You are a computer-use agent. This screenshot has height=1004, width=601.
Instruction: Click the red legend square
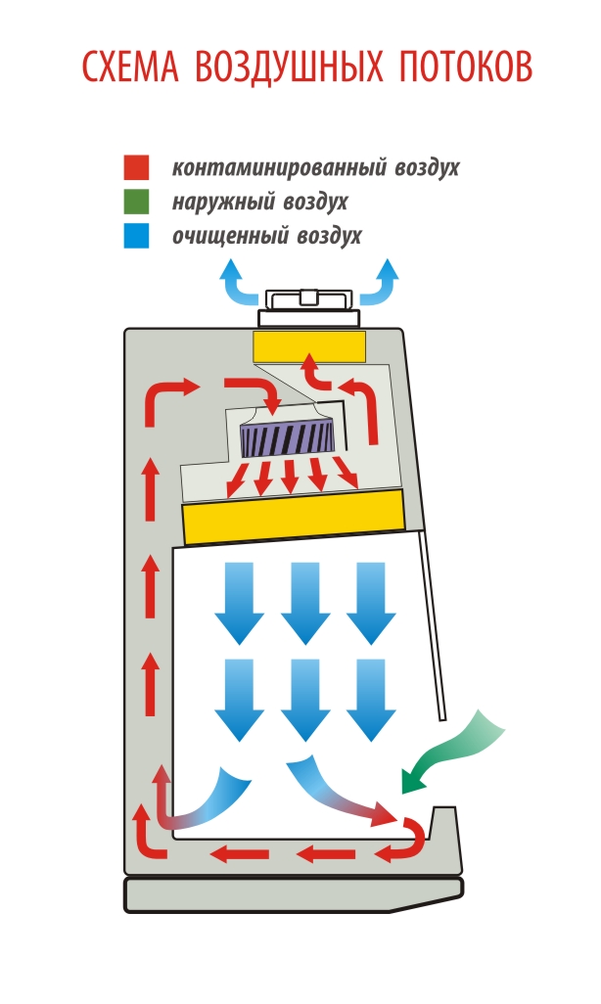136,168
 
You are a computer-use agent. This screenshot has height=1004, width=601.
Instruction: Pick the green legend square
136,203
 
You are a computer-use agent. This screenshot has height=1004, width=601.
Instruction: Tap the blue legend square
136,236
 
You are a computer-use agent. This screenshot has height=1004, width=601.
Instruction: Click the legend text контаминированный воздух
315,168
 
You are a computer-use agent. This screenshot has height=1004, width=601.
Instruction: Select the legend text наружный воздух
259,203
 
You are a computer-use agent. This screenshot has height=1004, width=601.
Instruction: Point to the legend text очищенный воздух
266,236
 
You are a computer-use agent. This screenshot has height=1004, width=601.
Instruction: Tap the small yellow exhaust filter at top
309,345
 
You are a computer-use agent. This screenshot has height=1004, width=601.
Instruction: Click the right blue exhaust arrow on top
383,284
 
